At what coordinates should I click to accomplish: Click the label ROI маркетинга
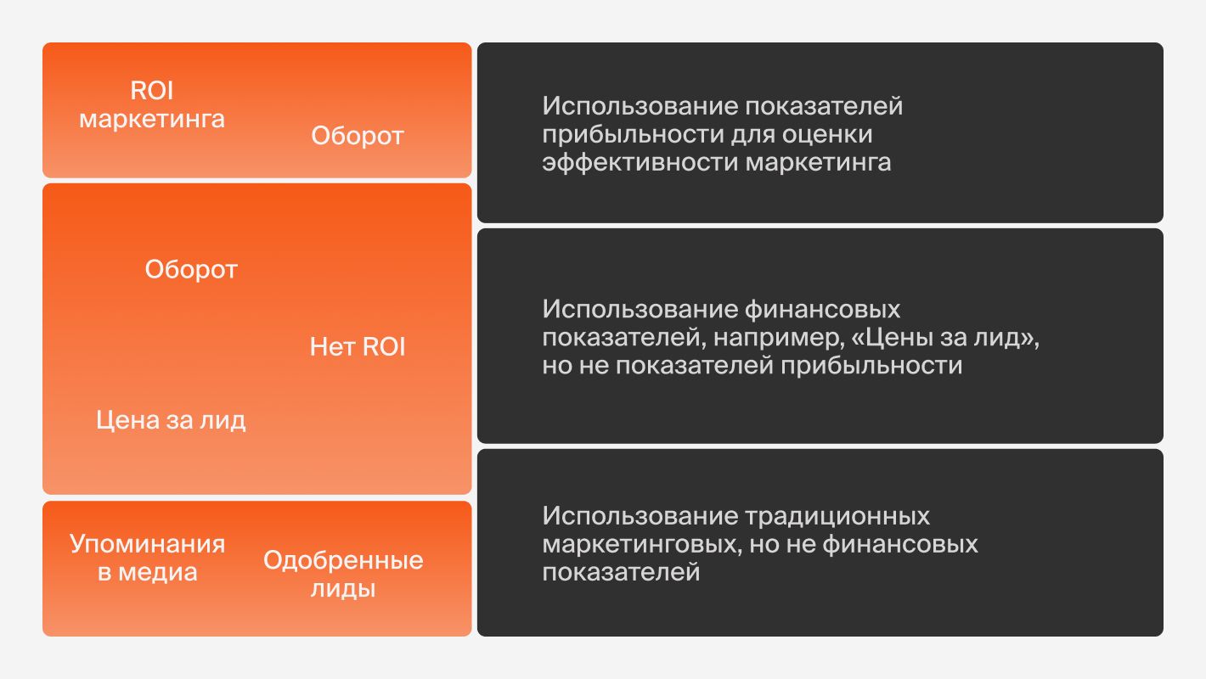tap(152, 104)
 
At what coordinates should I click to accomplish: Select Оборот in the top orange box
tap(357, 136)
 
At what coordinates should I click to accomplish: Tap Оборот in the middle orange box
tap(191, 270)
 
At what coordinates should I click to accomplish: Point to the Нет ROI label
tap(358, 347)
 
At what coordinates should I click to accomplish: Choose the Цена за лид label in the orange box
tap(171, 420)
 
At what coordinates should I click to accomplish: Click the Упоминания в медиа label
tap(147, 558)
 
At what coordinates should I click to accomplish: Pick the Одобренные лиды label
tap(343, 575)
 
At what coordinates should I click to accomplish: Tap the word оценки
tap(829, 134)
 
